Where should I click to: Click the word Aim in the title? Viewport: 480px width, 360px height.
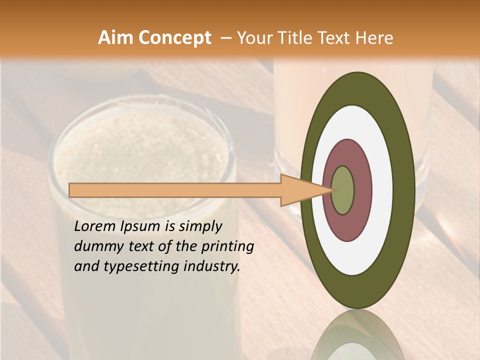point(115,38)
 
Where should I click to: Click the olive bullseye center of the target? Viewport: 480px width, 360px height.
point(343,190)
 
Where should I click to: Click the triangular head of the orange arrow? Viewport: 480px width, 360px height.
point(300,190)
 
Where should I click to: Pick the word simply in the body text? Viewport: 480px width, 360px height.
point(200,227)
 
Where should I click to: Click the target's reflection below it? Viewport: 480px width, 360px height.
point(357,337)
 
